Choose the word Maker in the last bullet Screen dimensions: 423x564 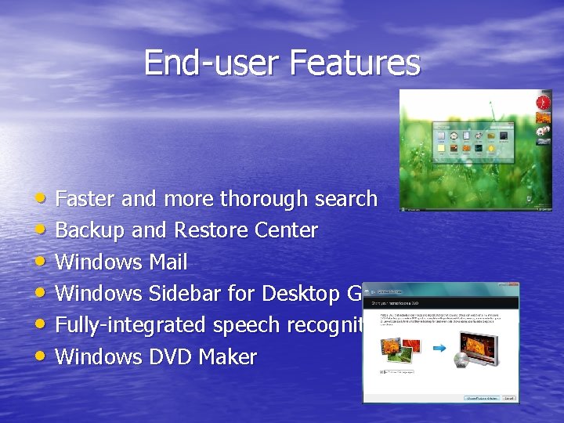coord(227,357)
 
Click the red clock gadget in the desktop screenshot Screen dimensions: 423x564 coord(543,103)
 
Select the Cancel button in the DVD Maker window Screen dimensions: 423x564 coord(509,397)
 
